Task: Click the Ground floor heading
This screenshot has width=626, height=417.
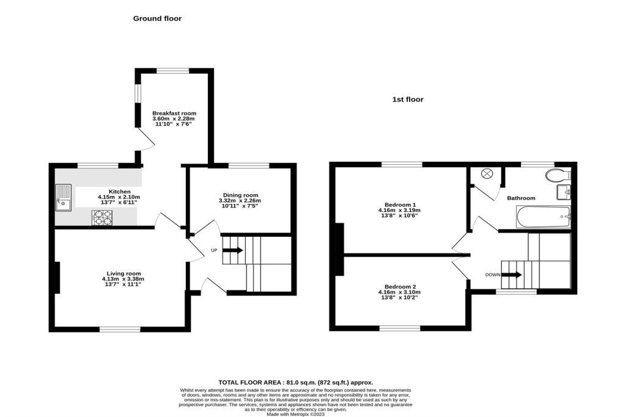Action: point(157,18)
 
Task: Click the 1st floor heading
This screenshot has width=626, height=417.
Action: point(408,100)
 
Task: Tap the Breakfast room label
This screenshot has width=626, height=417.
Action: point(174,114)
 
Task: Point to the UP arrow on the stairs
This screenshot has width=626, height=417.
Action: point(232,250)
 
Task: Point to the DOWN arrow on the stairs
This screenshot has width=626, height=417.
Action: point(512,275)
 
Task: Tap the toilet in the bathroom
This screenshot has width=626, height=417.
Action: point(557,176)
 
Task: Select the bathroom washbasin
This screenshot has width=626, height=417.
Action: point(563,193)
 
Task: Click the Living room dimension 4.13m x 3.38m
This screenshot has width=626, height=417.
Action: point(123,279)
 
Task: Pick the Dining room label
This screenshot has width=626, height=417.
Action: point(240,195)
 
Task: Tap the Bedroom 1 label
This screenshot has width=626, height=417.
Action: point(400,205)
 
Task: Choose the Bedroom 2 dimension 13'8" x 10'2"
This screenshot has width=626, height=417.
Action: point(400,298)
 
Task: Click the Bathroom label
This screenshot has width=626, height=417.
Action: point(521,198)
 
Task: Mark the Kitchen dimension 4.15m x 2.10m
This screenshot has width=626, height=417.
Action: point(119,197)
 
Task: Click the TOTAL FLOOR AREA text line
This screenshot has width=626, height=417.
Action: point(295,382)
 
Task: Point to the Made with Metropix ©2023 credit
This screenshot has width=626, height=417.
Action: point(295,413)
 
